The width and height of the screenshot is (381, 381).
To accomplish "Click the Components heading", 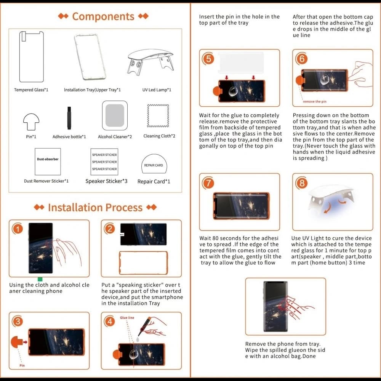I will [103, 16].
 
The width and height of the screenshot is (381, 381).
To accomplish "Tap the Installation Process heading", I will [95, 208].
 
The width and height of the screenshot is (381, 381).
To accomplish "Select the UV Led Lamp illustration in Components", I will [150, 61].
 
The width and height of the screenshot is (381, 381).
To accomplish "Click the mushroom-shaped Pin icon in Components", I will [31, 122].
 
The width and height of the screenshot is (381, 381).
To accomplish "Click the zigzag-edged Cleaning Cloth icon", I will [158, 116].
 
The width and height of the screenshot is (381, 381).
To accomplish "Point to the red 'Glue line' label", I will [127, 317].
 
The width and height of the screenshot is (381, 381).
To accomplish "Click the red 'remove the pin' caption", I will [315, 102].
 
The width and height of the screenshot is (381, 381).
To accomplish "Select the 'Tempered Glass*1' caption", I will [31, 90].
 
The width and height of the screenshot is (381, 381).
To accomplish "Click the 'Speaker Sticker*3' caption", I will [106, 181].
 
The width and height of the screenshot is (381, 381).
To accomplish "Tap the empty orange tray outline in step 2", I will [143, 263].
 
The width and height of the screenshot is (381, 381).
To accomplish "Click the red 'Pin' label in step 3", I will [22, 366].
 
